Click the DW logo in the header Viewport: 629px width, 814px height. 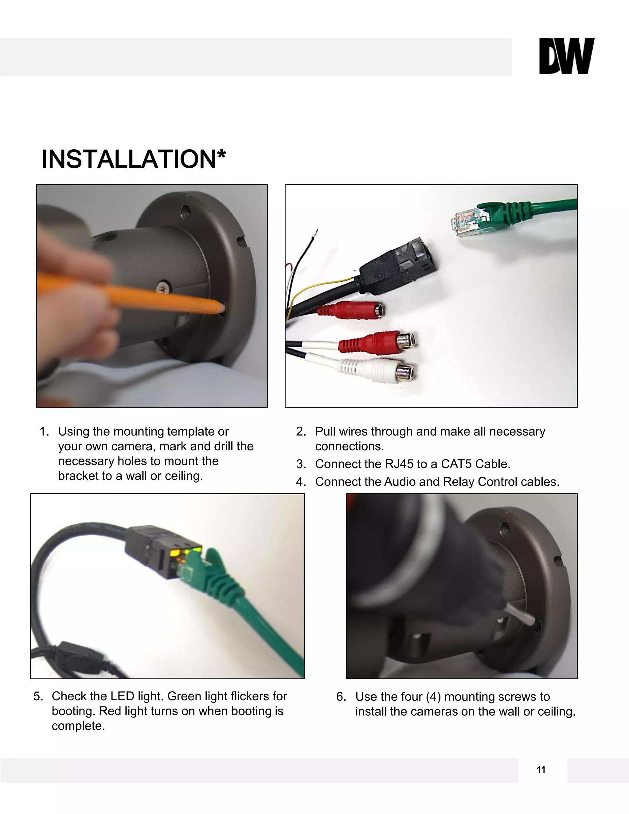click(566, 56)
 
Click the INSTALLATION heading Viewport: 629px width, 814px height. click(133, 159)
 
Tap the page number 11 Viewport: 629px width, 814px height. click(541, 770)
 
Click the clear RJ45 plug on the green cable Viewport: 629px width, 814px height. click(466, 224)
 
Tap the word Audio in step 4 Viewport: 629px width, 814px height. click(400, 482)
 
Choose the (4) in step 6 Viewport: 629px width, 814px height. click(433, 697)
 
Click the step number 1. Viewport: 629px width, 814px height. click(44, 432)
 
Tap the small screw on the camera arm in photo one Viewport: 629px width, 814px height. click(163, 287)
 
